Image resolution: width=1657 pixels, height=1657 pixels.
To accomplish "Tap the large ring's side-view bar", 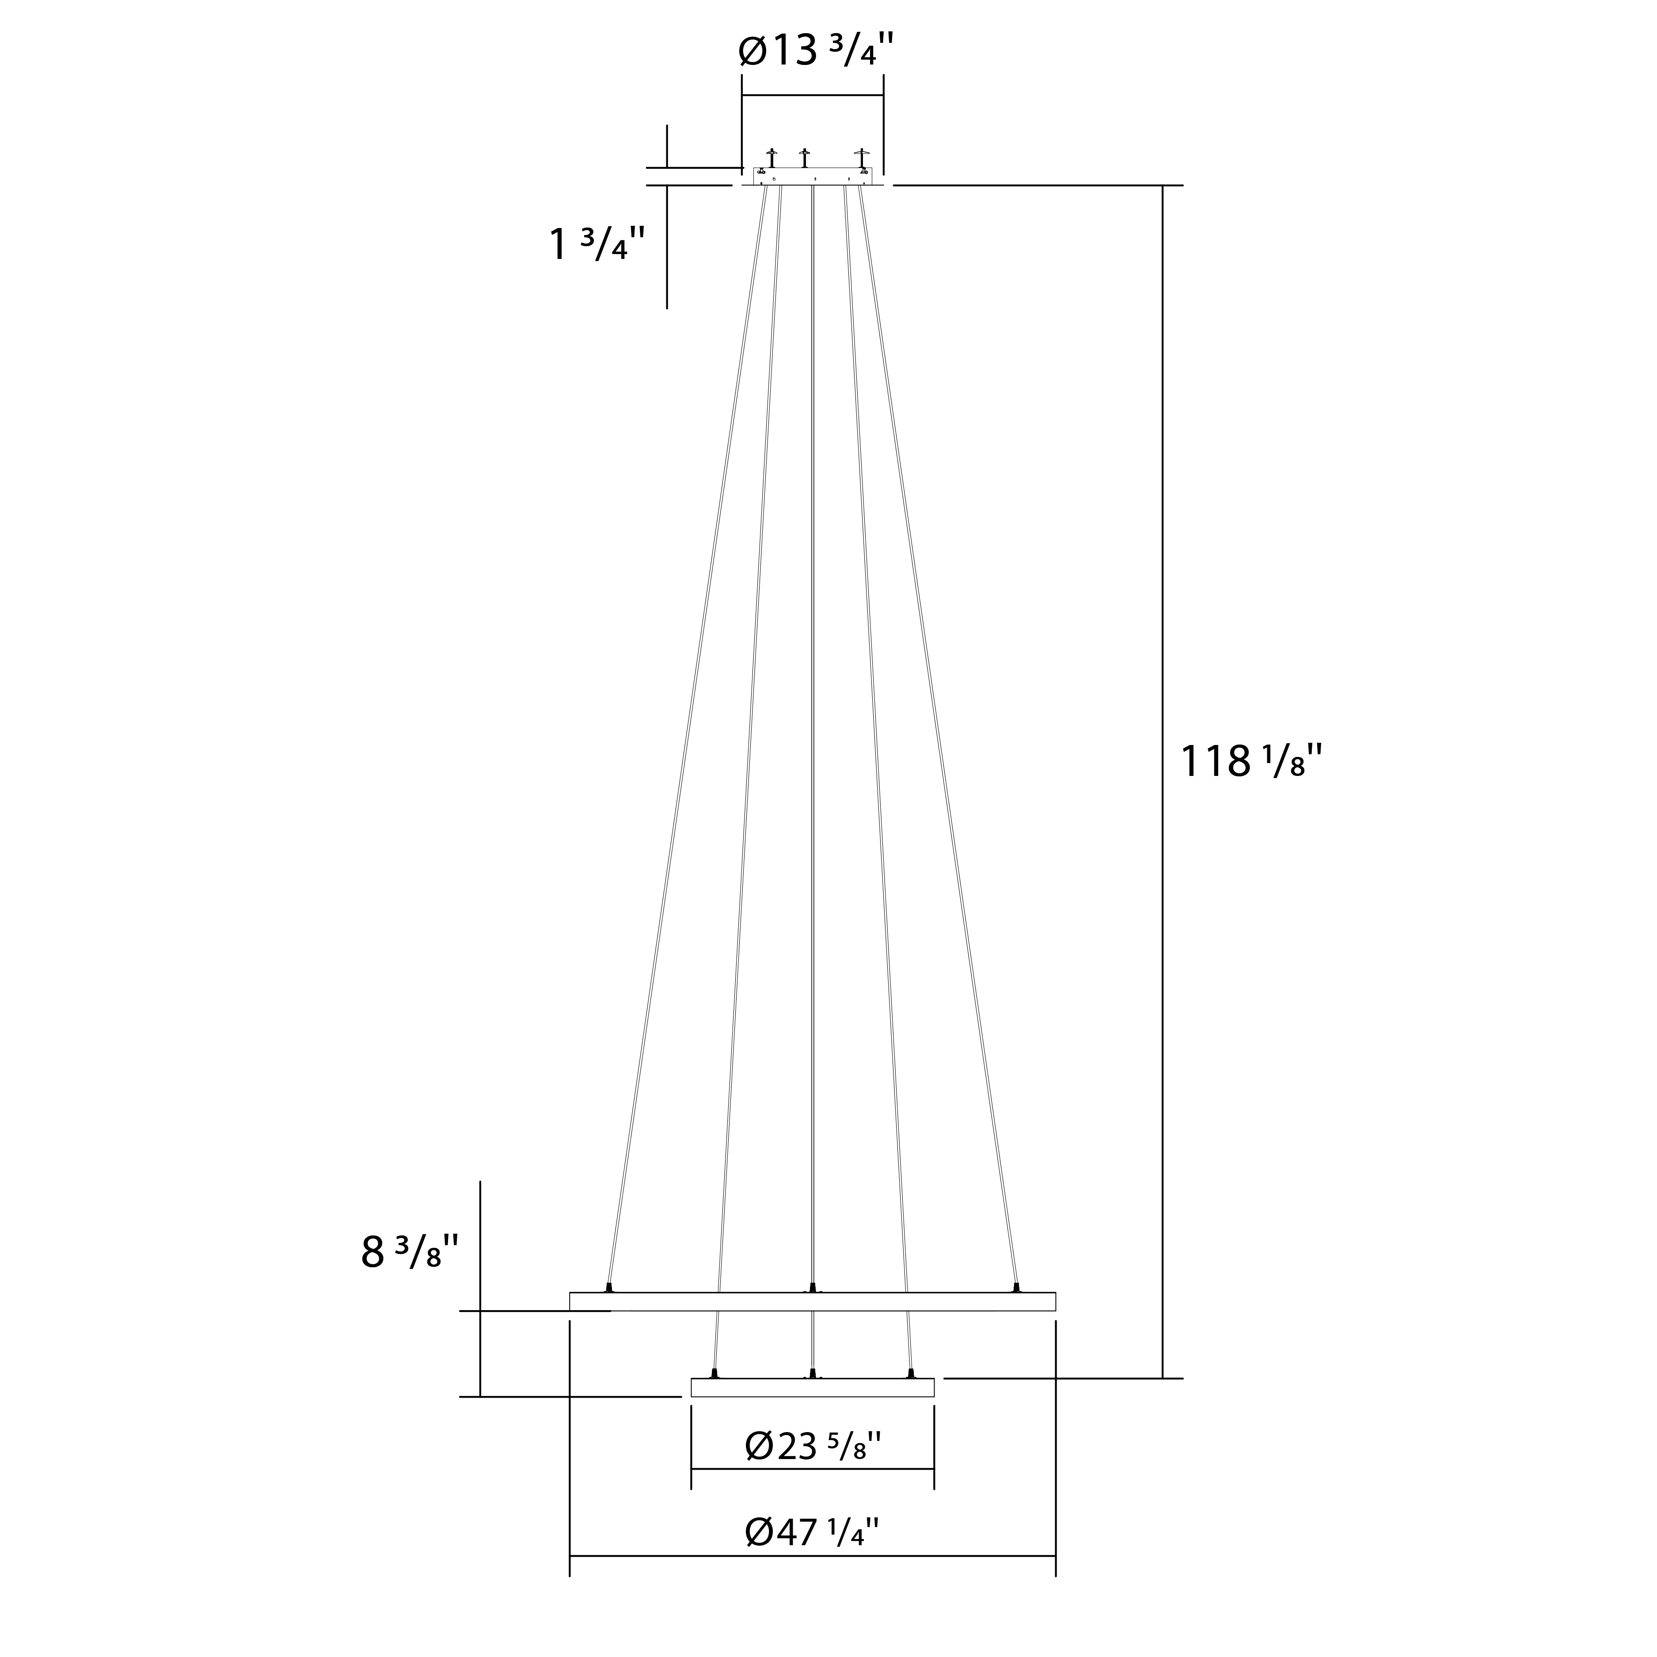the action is tap(812, 1301).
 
